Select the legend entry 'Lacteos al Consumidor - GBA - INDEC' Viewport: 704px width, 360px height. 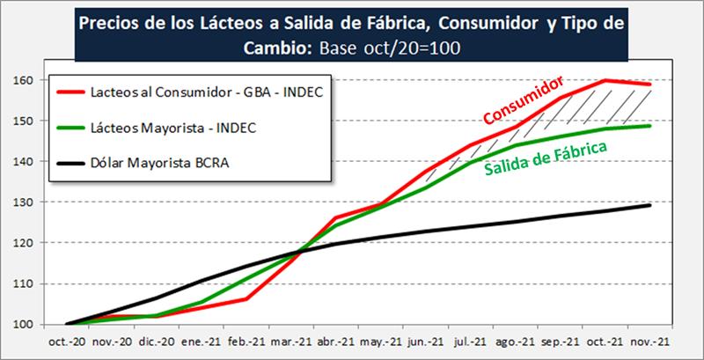point(206,91)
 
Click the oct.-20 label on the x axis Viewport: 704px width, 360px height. point(66,343)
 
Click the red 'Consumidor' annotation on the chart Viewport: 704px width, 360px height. point(525,102)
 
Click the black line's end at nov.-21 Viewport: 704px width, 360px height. point(649,205)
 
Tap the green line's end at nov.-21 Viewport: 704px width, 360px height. point(649,126)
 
